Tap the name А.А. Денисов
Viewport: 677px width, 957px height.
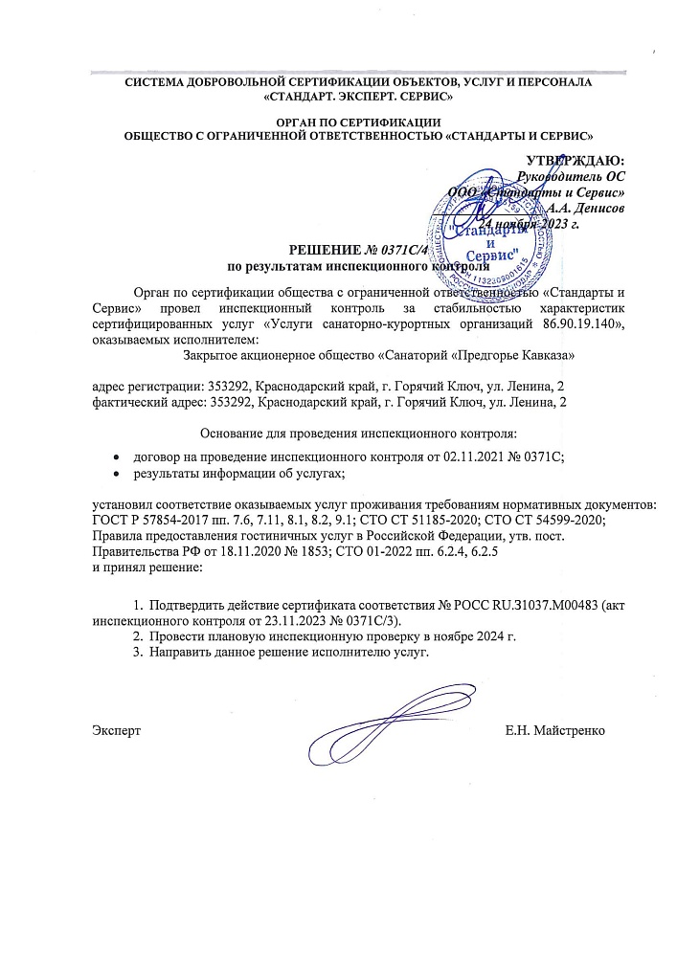point(587,208)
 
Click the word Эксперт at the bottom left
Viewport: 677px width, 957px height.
point(116,731)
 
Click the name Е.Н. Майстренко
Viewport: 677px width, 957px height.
point(554,731)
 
